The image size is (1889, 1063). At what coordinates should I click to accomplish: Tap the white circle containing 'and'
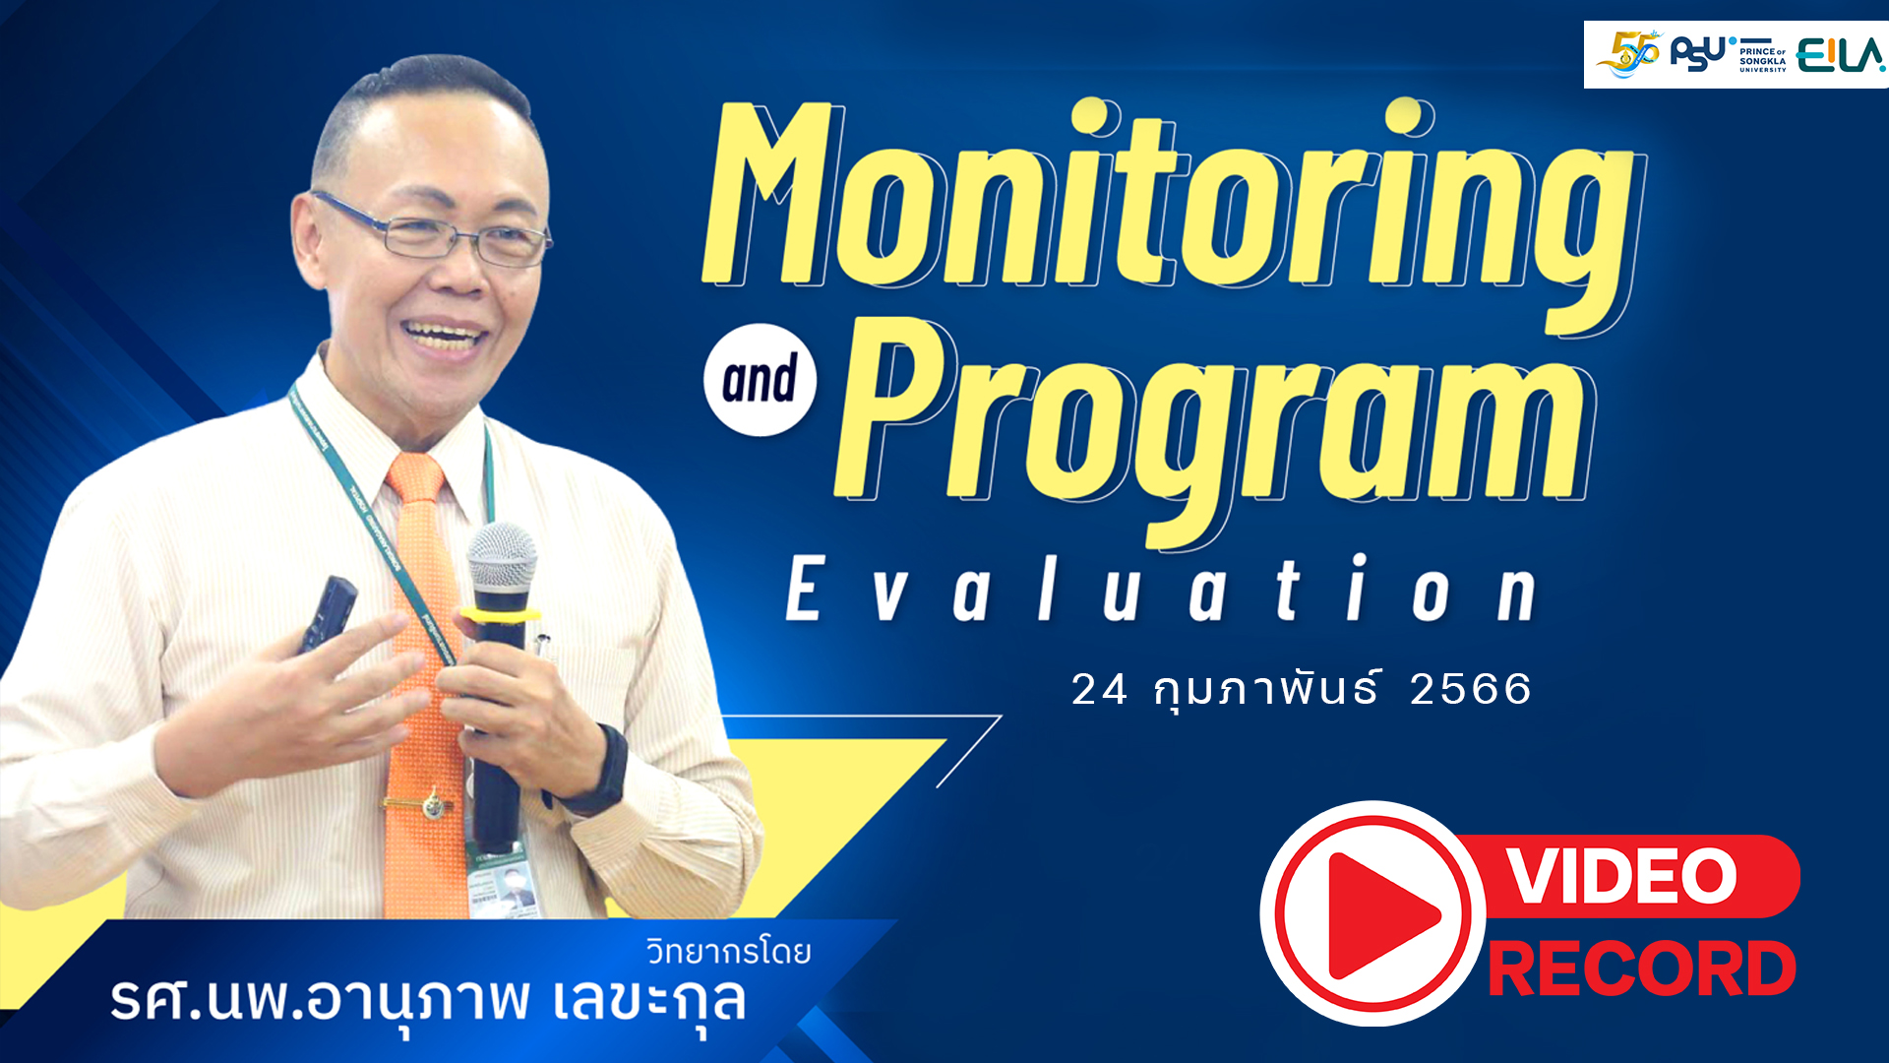[x=760, y=380]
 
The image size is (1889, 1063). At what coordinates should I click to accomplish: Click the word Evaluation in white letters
[x=1161, y=591]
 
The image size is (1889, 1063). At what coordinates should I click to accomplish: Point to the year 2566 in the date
[x=1471, y=689]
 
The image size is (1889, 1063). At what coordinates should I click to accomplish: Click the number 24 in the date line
[x=1099, y=690]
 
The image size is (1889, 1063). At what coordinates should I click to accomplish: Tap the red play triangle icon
[x=1377, y=915]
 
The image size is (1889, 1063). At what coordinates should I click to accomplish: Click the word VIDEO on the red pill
[x=1623, y=876]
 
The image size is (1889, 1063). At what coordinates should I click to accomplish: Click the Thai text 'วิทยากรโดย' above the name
[x=728, y=952]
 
